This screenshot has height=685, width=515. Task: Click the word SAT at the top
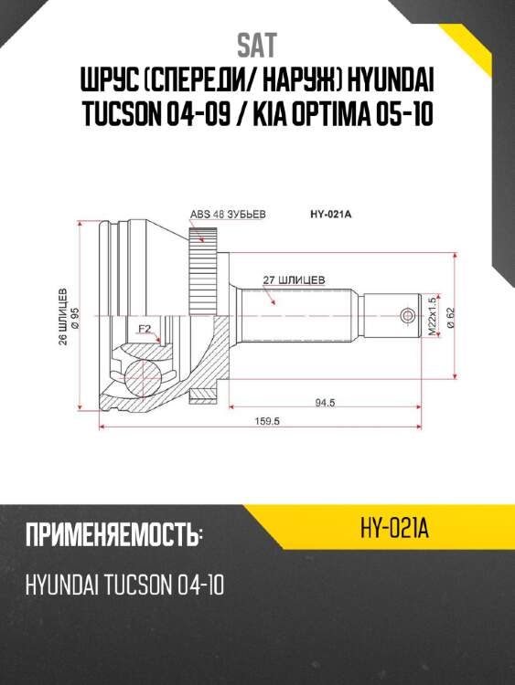click(257, 45)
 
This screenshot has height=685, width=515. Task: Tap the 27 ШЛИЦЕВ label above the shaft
click(295, 279)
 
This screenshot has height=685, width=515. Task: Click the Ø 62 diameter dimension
click(450, 316)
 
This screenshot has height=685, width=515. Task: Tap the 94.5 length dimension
click(323, 400)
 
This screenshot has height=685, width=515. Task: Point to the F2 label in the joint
click(145, 329)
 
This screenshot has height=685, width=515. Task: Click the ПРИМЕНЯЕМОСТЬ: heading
click(113, 535)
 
